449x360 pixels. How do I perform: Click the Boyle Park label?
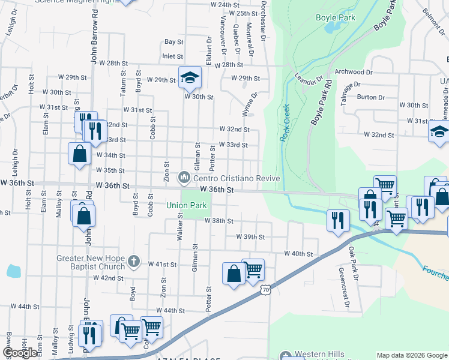336,17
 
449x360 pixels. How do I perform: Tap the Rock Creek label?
286,124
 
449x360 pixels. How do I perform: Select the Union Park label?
187,205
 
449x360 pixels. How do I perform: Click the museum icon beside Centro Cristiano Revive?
184,178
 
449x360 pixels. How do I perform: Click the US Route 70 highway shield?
266,290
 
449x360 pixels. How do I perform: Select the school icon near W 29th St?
190,77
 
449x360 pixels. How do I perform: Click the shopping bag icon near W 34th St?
79,154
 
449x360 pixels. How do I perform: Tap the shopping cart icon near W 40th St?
253,269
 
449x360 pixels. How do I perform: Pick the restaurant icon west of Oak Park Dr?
338,219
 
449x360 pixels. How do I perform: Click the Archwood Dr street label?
354,72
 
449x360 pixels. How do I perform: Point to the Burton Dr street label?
370,97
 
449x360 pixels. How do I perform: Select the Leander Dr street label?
309,81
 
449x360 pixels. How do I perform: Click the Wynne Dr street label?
250,103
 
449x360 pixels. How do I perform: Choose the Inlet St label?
172,56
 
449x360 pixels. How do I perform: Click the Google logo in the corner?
20,353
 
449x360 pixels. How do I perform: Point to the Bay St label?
173,42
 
